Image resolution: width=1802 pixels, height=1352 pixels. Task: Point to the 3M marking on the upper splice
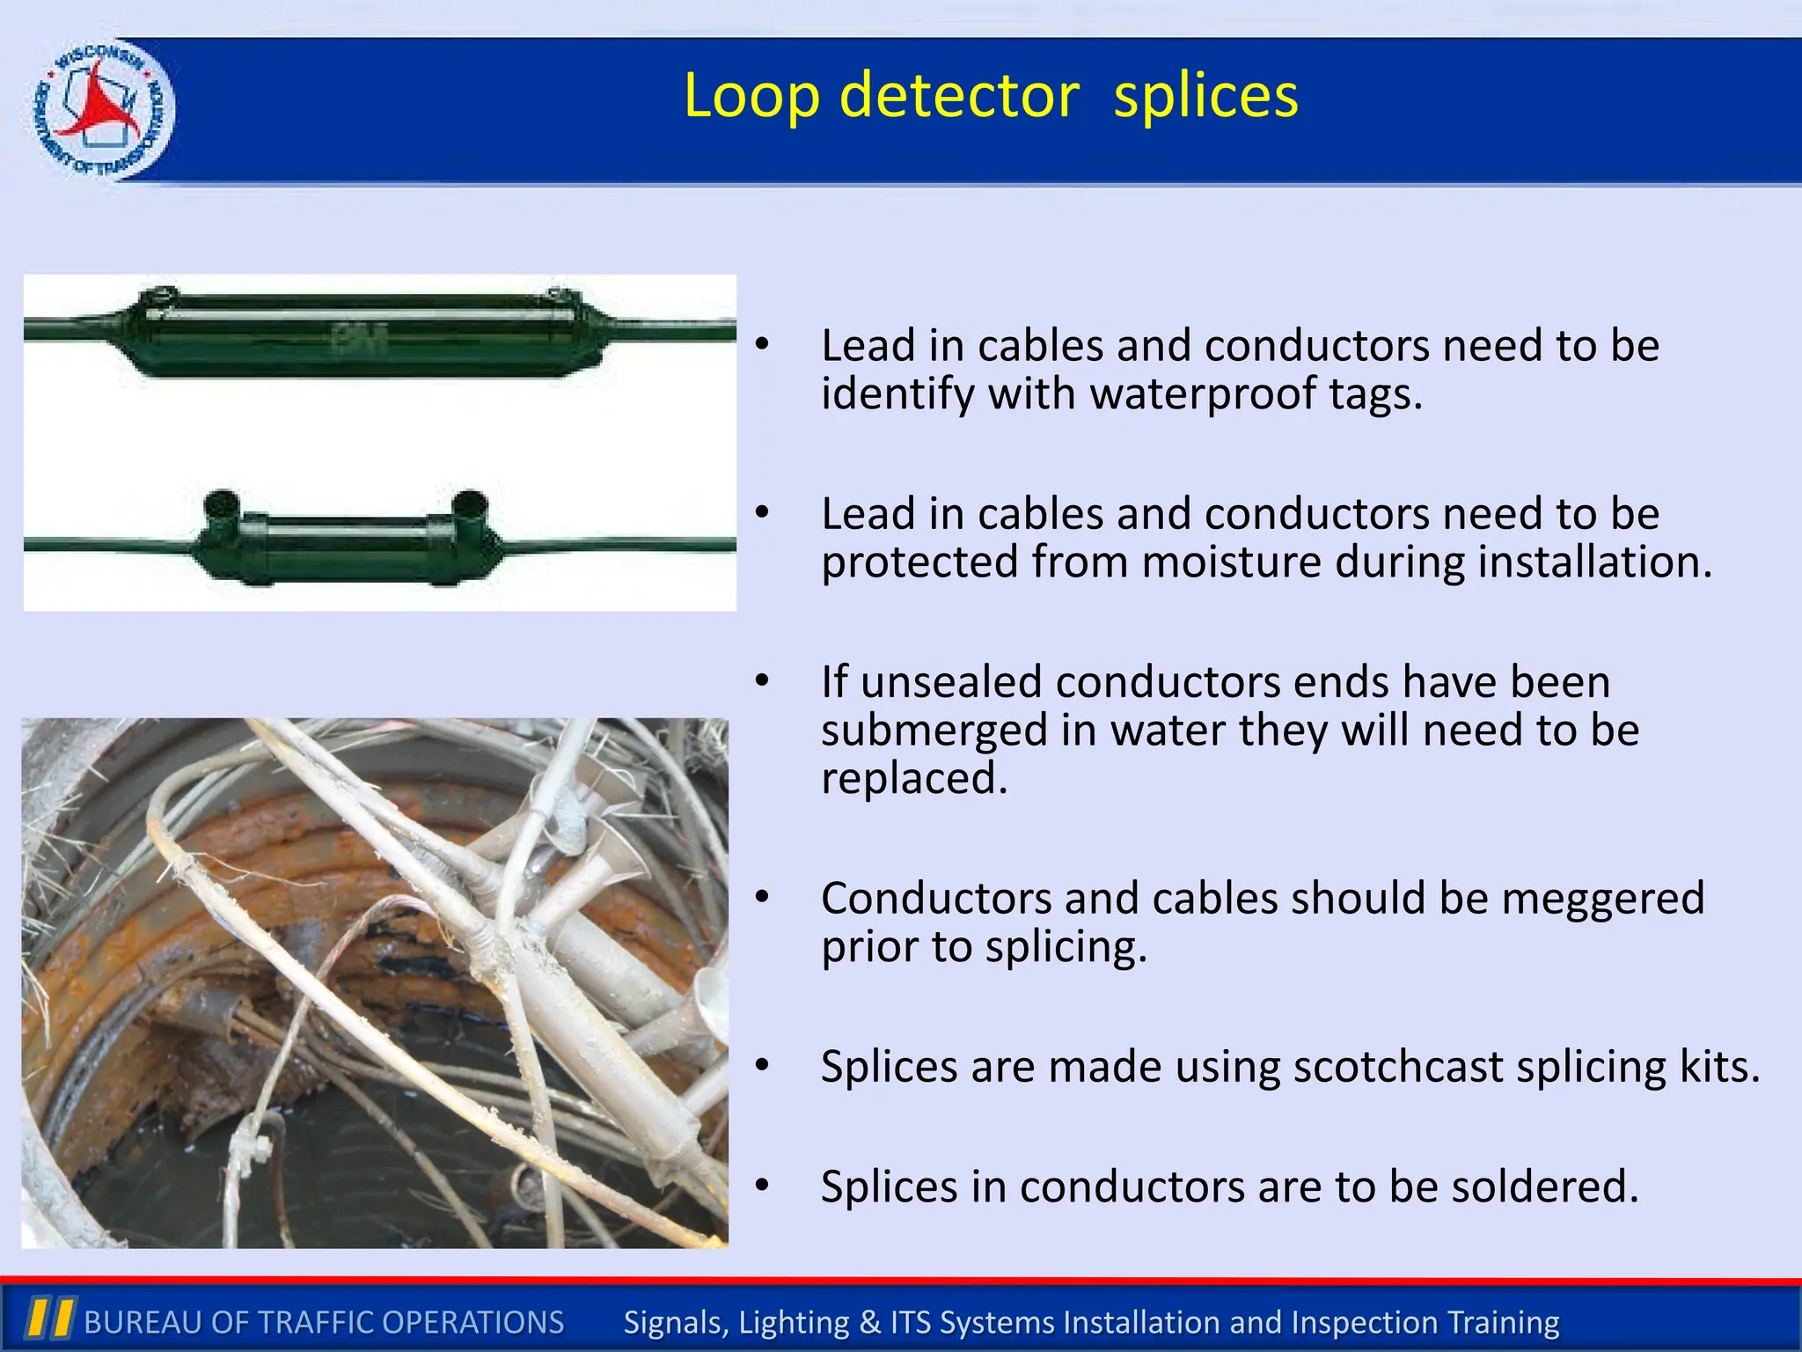click(361, 337)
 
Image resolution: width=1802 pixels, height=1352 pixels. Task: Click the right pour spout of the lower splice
click(469, 506)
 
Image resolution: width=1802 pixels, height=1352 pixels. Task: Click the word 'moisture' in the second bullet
click(1231, 562)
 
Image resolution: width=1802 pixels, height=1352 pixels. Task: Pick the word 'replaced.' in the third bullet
click(914, 778)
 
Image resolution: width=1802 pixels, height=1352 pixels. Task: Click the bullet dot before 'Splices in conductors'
click(762, 1186)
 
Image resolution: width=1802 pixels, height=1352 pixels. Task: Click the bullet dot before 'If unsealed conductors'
click(762, 680)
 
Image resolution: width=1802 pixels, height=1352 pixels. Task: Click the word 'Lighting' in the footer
click(794, 1322)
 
